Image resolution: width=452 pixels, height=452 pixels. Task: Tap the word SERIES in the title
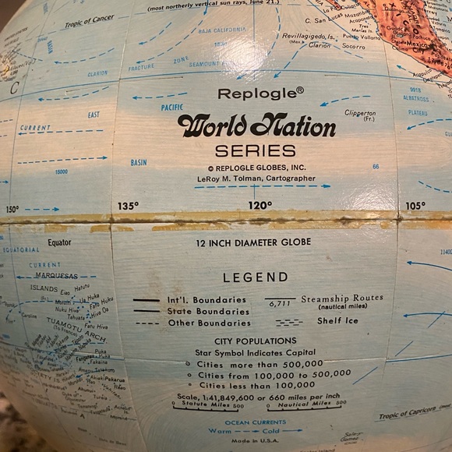point(256,150)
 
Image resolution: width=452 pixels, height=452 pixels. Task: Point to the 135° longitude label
point(128,206)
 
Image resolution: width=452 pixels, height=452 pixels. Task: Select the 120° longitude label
point(260,206)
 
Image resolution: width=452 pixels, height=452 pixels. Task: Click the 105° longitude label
point(415,206)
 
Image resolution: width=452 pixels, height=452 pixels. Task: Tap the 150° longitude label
point(12,209)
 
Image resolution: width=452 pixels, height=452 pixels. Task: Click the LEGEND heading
point(255,277)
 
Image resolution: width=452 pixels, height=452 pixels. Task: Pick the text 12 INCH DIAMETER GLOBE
point(255,242)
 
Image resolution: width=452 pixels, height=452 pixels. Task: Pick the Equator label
point(58,242)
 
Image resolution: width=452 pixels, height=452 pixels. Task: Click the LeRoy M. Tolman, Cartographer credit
point(256,178)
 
